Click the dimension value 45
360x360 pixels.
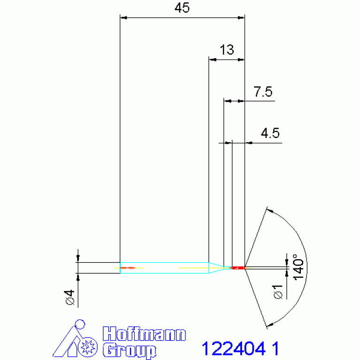coord(182,8)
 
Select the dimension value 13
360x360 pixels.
coord(227,50)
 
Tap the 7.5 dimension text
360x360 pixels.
coord(263,92)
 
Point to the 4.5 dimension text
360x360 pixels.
coord(270,133)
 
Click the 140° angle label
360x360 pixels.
coord(298,267)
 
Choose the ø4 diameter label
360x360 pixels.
coord(70,297)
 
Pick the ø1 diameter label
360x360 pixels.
coord(278,292)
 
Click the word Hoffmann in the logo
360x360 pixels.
coord(144,334)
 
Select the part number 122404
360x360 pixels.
coord(233,349)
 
